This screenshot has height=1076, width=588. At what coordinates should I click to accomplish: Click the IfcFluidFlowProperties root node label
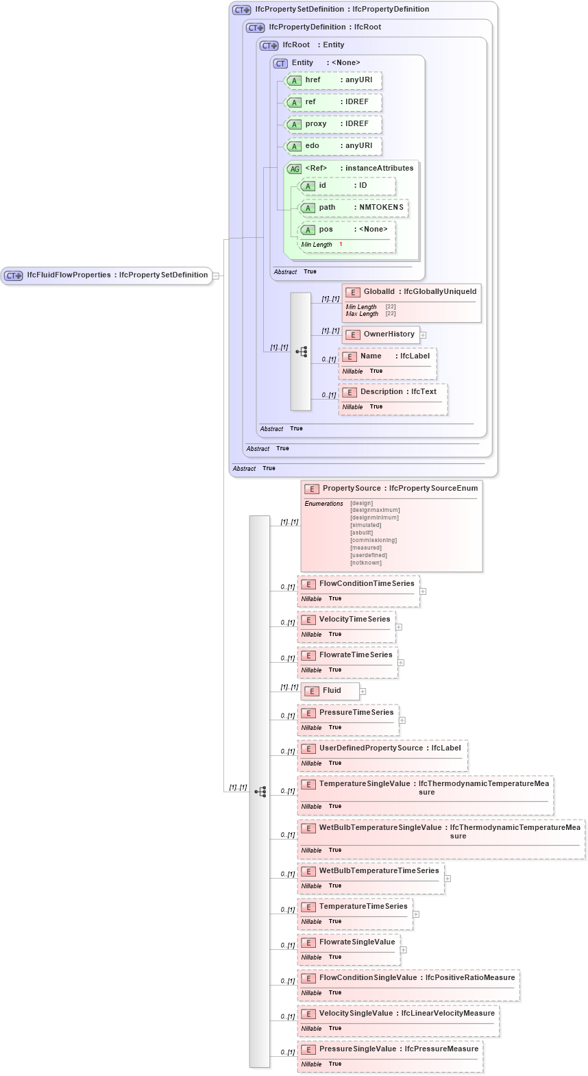tap(117, 275)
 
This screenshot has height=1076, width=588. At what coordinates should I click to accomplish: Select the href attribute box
tap(333, 80)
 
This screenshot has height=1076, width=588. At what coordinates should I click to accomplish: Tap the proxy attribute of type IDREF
tap(333, 124)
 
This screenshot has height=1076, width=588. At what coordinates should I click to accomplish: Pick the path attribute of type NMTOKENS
tap(353, 208)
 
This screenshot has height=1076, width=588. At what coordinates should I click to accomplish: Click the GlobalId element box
tap(411, 292)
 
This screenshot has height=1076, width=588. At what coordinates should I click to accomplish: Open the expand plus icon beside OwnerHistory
tap(423, 335)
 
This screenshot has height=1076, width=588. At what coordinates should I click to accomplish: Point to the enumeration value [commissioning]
tap(373, 540)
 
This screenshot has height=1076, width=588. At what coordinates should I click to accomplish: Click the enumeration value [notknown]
tap(366, 563)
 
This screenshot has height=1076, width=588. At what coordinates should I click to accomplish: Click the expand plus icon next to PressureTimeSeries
tap(402, 720)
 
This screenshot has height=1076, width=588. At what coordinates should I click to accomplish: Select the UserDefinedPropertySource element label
tap(389, 748)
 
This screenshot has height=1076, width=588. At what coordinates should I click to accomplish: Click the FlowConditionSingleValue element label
tap(416, 978)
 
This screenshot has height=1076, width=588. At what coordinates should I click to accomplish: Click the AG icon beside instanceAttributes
tap(294, 169)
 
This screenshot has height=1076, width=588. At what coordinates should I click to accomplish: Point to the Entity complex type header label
tap(326, 63)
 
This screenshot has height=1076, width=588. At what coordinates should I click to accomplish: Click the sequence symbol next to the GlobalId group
tap(301, 352)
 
